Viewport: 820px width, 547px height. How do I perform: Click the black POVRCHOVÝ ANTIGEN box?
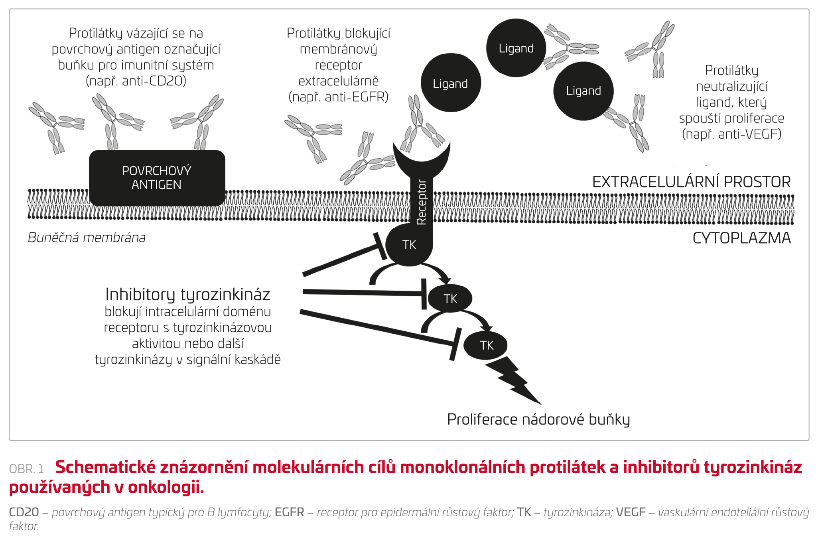click(x=157, y=178)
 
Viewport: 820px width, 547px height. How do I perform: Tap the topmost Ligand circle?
click(x=516, y=48)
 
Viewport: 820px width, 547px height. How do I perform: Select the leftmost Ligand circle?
click(x=451, y=83)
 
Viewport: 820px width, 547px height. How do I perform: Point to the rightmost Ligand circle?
click(x=583, y=91)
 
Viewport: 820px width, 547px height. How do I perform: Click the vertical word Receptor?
click(x=422, y=202)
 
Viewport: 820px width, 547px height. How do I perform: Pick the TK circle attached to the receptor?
click(x=409, y=244)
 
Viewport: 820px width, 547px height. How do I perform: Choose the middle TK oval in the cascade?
click(x=450, y=298)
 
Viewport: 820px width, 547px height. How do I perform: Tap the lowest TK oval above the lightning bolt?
click(x=486, y=345)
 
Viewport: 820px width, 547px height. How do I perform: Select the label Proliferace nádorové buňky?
click(x=538, y=419)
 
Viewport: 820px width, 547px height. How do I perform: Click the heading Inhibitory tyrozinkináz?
click(x=188, y=295)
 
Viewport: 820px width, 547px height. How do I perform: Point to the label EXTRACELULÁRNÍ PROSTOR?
click(x=691, y=182)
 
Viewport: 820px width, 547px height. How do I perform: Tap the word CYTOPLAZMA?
click(x=741, y=238)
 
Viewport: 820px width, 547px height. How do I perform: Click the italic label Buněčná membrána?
click(x=87, y=238)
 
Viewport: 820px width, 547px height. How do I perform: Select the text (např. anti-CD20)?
click(x=136, y=81)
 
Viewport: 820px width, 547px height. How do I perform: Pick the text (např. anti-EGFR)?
click(x=339, y=97)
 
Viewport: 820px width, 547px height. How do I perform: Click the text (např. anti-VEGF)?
click(x=731, y=134)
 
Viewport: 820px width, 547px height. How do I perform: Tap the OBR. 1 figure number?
click(x=26, y=469)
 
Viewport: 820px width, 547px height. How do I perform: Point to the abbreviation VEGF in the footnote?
click(x=631, y=512)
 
